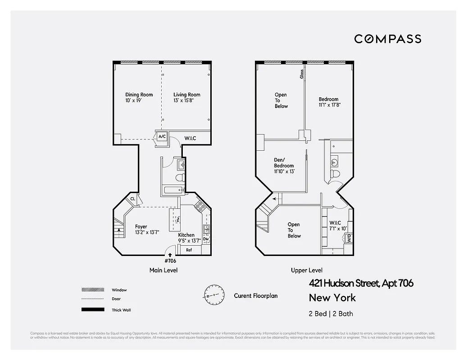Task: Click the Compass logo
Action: click(x=387, y=39)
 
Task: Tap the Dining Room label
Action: click(x=139, y=94)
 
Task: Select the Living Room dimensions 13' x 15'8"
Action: click(x=187, y=100)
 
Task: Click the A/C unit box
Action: click(x=162, y=136)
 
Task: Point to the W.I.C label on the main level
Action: click(x=190, y=138)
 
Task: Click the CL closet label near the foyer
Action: click(x=133, y=198)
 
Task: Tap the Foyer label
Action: click(x=141, y=227)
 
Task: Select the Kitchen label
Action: click(x=186, y=235)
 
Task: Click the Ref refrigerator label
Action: click(x=189, y=250)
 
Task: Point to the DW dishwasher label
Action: click(x=206, y=239)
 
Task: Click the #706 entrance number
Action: click(x=170, y=261)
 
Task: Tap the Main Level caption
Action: click(x=163, y=270)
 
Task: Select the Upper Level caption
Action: click(x=306, y=270)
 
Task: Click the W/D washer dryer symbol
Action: click(x=349, y=238)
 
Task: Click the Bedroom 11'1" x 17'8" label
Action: click(x=329, y=102)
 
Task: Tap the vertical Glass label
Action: click(x=302, y=74)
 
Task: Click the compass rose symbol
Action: click(x=214, y=296)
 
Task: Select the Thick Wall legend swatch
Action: click(x=92, y=310)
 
